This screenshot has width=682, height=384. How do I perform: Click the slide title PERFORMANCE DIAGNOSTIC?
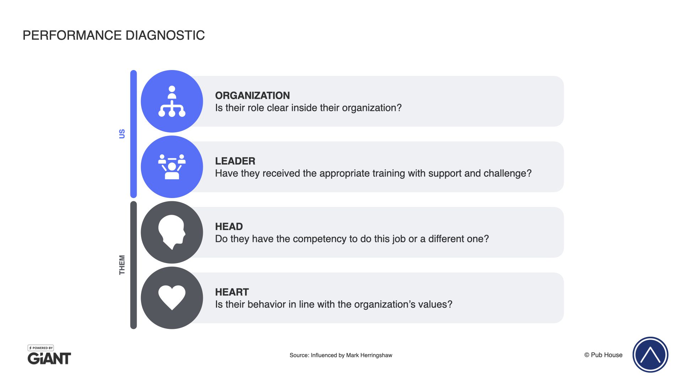(114, 35)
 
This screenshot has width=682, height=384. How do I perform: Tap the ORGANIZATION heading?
(253, 95)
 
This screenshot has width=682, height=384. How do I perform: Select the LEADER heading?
(235, 161)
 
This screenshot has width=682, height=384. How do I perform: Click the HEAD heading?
(229, 226)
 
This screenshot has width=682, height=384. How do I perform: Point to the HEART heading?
(232, 292)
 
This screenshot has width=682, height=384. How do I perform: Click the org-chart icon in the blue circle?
(172, 101)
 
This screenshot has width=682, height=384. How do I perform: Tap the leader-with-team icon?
(172, 167)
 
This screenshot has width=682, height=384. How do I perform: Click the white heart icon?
(172, 298)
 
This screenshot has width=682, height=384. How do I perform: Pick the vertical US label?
(122, 134)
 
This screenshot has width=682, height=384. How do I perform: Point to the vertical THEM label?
(122, 265)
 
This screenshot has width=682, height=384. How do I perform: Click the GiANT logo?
(49, 358)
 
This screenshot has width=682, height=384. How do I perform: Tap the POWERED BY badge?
(41, 348)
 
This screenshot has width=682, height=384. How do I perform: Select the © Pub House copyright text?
(603, 355)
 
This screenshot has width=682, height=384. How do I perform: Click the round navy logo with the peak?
(650, 354)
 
